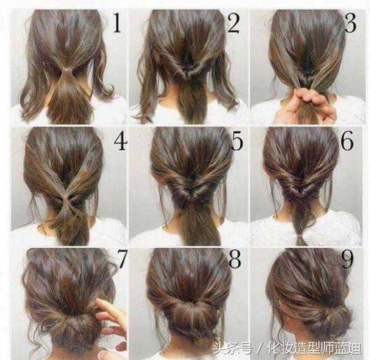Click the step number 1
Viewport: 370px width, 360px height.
[117, 23]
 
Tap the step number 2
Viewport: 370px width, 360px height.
[233, 23]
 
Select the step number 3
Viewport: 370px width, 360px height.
[350, 23]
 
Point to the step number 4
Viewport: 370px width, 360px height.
[120, 141]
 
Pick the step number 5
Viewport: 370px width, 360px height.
[237, 141]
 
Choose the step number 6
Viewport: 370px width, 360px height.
[348, 141]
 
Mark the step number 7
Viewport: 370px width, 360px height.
[122, 259]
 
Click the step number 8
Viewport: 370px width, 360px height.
[235, 259]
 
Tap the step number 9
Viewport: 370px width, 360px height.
[347, 259]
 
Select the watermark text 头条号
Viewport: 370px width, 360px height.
[233, 348]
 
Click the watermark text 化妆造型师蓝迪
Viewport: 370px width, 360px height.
[314, 348]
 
